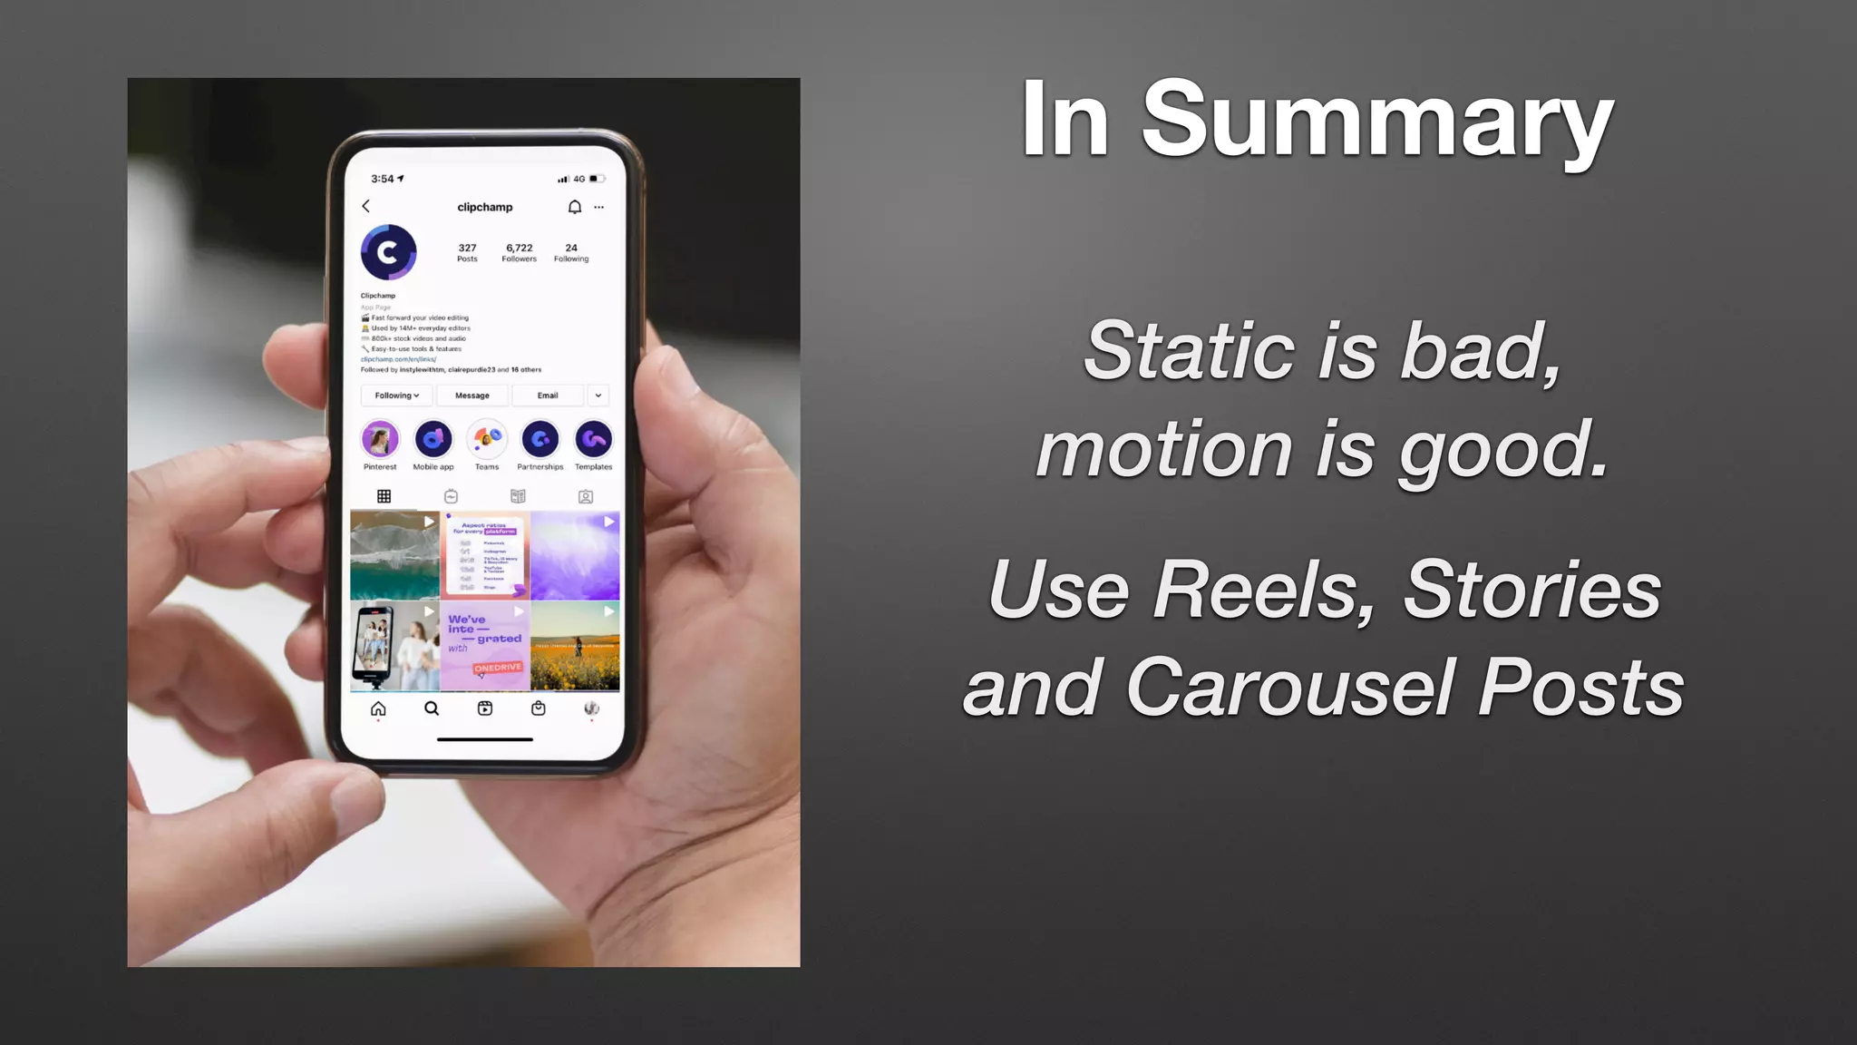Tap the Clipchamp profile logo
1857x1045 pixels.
(x=388, y=252)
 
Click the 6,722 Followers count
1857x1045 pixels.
(x=520, y=252)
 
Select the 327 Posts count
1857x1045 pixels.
(x=467, y=252)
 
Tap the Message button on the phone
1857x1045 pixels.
(x=472, y=396)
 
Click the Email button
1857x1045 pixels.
(x=548, y=396)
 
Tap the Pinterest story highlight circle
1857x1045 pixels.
(x=380, y=440)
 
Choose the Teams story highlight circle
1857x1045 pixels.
(x=487, y=440)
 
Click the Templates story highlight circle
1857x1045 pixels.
(x=594, y=440)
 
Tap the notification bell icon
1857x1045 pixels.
(x=574, y=207)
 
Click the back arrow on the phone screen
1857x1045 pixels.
(x=366, y=207)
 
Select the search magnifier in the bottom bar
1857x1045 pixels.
(x=432, y=708)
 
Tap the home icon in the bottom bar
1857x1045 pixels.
(x=378, y=708)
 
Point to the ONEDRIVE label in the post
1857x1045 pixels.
(x=498, y=668)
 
